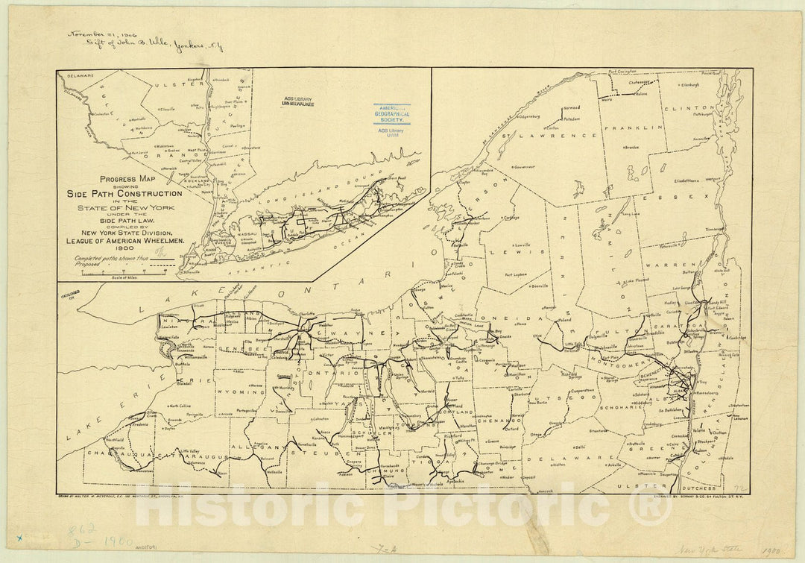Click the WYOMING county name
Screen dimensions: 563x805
(x=236, y=391)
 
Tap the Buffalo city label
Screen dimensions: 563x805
(x=183, y=365)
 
